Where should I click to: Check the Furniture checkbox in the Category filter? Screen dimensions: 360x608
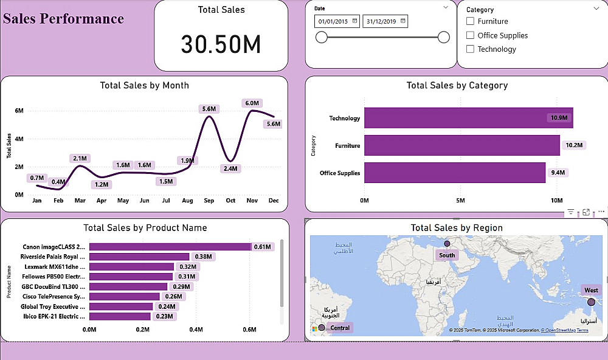click(470, 21)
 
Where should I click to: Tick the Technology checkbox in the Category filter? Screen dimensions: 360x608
click(470, 49)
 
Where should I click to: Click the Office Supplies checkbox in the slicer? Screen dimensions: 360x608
click(470, 35)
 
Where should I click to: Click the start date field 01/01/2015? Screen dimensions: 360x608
click(333, 21)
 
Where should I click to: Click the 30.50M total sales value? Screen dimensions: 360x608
click(221, 44)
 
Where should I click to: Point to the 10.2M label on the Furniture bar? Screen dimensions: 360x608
click(574, 145)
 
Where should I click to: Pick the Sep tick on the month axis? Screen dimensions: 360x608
click(209, 200)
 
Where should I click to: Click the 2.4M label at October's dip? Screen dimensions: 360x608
click(230, 168)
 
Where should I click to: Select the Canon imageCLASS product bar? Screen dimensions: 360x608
click(170, 247)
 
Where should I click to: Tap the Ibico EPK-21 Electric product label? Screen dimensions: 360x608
click(54, 316)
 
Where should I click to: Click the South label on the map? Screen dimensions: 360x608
click(447, 255)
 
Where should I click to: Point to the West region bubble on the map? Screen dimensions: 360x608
click(591, 302)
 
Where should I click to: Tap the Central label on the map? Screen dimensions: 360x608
click(340, 328)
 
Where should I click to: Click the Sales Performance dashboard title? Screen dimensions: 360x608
click(64, 18)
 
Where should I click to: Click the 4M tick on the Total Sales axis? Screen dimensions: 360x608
click(19, 139)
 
